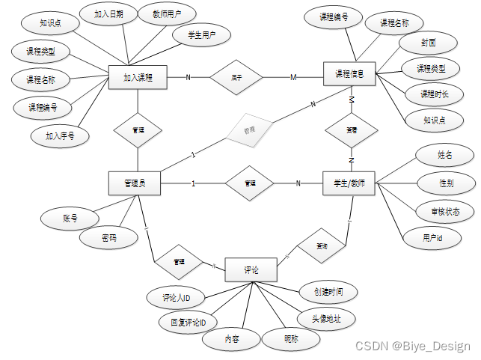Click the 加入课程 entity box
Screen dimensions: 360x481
(x=137, y=77)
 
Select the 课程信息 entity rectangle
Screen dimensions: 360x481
(x=349, y=74)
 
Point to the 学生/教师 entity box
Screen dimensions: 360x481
(x=349, y=183)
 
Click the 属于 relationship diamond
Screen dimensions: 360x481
(x=236, y=76)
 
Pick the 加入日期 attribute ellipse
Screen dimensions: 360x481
(x=115, y=14)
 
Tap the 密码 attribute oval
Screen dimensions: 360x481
(x=109, y=239)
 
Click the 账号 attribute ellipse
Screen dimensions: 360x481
(x=70, y=219)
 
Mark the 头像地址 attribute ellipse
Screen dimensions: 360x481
(x=326, y=318)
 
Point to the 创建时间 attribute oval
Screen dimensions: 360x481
(x=327, y=292)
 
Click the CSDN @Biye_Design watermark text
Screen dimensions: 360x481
(x=412, y=346)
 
